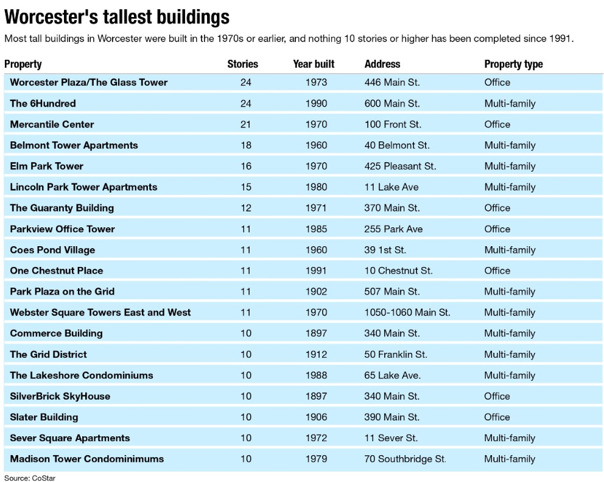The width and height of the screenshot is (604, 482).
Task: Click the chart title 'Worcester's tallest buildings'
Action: [x=118, y=16]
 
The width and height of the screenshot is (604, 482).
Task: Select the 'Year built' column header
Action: [x=314, y=64]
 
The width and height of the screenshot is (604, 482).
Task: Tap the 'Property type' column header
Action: [x=513, y=64]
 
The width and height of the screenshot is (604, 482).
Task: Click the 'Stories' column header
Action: [x=242, y=64]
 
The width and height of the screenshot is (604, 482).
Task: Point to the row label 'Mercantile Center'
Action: [x=52, y=124]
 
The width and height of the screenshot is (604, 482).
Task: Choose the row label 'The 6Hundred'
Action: [x=43, y=104]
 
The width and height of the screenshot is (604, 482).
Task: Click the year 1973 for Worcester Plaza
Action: [x=316, y=82]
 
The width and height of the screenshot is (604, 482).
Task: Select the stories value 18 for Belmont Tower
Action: [x=245, y=145]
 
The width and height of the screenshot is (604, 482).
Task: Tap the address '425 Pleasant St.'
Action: [x=400, y=166]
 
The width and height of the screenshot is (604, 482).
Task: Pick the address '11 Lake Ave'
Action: [x=392, y=187]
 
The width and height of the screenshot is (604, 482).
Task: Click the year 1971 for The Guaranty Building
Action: [x=316, y=208]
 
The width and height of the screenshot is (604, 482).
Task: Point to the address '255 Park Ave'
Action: [x=393, y=229]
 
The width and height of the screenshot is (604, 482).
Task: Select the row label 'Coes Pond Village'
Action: [x=52, y=250]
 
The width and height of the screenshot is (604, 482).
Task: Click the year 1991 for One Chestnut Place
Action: [x=316, y=271]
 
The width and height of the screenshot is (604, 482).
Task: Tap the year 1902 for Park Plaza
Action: [x=316, y=291]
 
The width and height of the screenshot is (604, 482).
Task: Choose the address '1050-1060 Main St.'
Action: [x=407, y=313]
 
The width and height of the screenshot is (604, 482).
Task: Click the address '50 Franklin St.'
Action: [x=396, y=354]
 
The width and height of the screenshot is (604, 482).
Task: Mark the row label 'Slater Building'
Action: [x=44, y=417]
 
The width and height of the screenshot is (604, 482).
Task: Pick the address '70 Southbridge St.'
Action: [x=405, y=459]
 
